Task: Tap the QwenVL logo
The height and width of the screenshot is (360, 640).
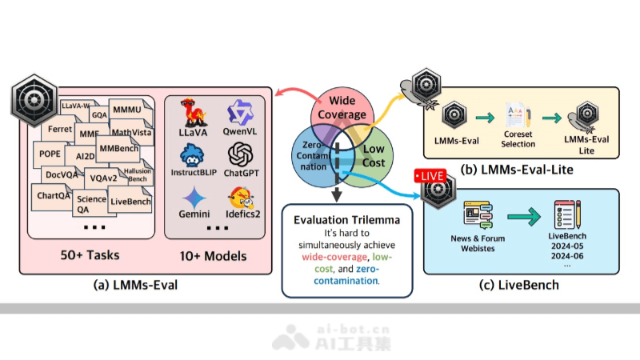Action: (239, 112)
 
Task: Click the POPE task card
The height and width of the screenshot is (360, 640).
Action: (50, 154)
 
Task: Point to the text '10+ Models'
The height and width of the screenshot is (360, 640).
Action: (214, 256)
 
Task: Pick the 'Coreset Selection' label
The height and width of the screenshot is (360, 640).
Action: (518, 140)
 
